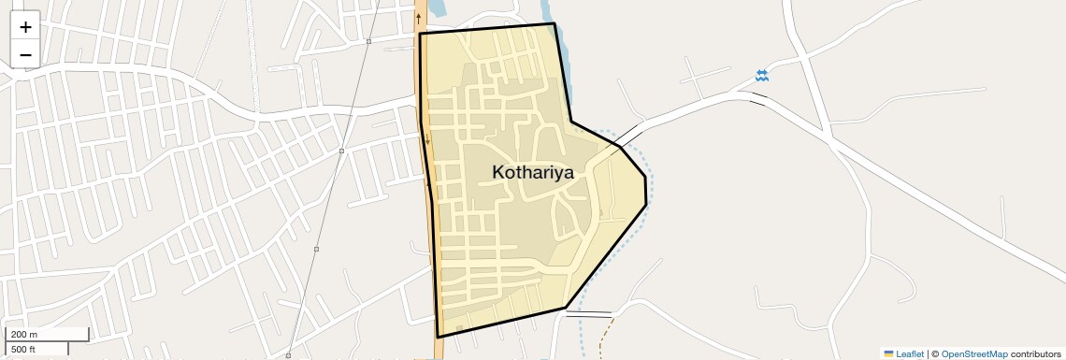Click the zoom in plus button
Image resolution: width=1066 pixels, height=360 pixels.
25,27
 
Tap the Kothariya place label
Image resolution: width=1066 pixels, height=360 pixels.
532,172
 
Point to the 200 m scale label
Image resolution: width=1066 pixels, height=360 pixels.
24,334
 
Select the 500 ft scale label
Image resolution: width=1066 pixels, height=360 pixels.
23,349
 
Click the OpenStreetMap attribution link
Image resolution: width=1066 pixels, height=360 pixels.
974,353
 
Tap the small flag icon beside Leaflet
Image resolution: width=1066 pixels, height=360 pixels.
888,353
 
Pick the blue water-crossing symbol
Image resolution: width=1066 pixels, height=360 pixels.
762,76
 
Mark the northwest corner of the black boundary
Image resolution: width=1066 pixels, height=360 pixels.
420,34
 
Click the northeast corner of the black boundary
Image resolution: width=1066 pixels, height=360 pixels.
555,23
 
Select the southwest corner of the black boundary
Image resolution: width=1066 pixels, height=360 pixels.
437,337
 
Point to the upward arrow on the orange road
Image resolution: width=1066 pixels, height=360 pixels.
419,18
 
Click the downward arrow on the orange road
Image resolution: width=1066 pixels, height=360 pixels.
427,140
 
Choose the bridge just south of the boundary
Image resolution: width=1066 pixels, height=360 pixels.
587,313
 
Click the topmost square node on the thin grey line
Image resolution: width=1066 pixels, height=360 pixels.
369,41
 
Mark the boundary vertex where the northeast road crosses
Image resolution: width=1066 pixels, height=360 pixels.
620,146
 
